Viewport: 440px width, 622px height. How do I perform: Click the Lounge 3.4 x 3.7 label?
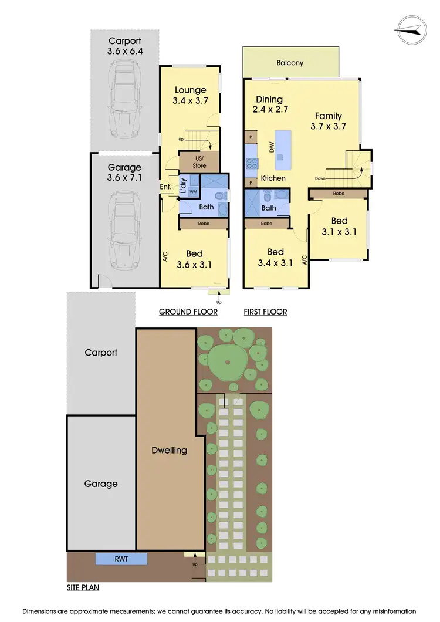(190, 95)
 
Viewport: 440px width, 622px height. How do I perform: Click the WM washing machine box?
(193, 191)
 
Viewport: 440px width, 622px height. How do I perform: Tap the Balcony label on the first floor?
(290, 62)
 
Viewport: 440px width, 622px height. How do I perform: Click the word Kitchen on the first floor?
(273, 178)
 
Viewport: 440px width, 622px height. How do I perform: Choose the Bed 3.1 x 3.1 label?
(339, 226)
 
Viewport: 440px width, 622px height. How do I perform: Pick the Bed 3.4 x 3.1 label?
(275, 258)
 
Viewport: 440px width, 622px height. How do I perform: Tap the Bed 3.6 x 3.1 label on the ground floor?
(194, 259)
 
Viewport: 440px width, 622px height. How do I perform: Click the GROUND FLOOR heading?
(188, 312)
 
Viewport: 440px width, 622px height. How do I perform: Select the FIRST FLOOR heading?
(265, 312)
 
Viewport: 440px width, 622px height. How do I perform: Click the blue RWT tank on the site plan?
(121, 559)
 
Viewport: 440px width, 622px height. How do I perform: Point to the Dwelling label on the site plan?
(170, 450)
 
